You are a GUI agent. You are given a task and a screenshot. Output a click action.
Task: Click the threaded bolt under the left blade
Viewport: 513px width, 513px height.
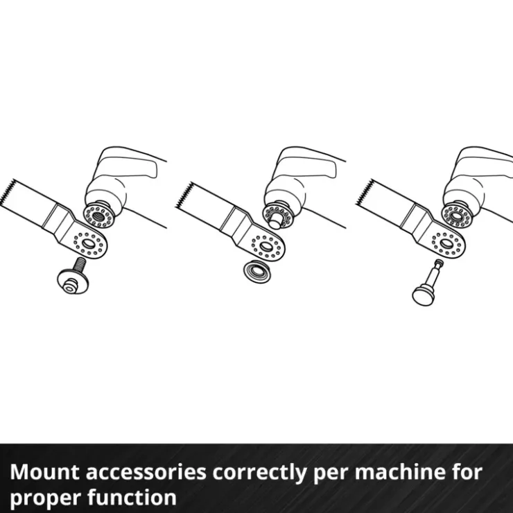point(73,276)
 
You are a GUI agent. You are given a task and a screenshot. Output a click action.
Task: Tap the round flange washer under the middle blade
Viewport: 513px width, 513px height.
point(256,271)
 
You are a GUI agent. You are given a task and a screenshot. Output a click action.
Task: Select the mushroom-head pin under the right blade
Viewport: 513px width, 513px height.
point(426,283)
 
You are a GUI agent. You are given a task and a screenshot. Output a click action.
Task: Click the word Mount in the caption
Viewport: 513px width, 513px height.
point(44,472)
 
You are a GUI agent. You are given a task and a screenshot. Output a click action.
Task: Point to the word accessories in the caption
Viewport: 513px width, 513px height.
point(146,473)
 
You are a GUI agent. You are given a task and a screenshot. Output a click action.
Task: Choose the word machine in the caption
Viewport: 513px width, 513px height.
point(401,472)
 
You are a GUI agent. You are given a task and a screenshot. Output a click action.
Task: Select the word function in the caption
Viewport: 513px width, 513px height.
point(132,496)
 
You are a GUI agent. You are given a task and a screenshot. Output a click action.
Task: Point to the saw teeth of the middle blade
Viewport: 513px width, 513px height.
point(185,195)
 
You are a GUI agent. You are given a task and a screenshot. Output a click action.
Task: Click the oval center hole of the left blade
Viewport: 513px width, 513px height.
point(87,243)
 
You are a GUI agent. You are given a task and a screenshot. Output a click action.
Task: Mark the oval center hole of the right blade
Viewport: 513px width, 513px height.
point(446,243)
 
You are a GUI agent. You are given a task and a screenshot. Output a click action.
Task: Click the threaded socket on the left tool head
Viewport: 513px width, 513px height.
point(98,216)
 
